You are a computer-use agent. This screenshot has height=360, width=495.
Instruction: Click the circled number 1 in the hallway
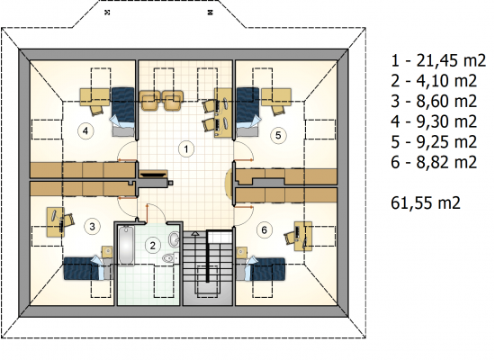pos(186,149)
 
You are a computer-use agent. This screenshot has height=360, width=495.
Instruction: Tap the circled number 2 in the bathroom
pos(153,246)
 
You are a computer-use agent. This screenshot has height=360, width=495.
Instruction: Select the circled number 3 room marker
pos(92,227)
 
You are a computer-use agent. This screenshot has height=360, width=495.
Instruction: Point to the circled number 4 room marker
pos(85,130)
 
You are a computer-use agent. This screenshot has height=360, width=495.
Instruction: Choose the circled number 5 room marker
pos(278,135)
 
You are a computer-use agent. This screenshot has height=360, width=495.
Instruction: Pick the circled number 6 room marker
pos(265,229)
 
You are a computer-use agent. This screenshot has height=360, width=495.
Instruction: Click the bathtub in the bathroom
pos(127,246)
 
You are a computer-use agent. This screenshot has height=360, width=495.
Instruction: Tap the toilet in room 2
pos(170,258)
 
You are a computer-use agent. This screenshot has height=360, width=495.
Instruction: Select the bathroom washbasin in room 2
pos(174,239)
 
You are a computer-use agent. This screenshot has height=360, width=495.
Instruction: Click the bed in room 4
pos(123,112)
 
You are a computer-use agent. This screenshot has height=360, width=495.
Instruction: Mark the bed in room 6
pos(261,268)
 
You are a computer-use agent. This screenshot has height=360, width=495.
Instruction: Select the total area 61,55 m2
pos(426,202)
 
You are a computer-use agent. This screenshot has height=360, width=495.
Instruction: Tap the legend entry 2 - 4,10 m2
pos(434,81)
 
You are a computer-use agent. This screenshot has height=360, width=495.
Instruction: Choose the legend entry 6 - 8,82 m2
pos(434,162)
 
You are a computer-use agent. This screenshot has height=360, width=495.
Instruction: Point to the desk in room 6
pos(303,236)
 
